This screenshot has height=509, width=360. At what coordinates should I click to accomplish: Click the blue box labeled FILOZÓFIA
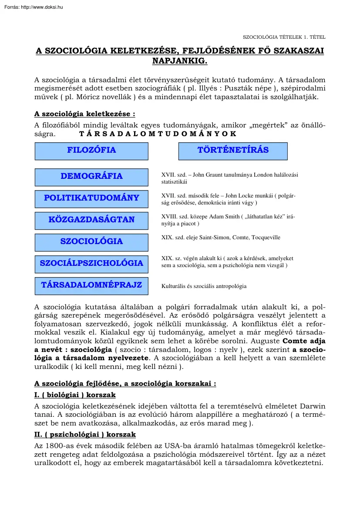91,151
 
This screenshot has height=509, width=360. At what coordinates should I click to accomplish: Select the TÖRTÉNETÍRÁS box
233,151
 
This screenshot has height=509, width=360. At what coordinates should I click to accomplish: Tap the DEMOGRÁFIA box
91,177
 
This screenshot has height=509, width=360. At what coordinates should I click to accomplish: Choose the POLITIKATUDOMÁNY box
91,198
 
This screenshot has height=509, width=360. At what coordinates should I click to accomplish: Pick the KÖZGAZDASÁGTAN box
91,220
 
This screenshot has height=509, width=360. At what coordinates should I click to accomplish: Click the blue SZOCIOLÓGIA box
91,242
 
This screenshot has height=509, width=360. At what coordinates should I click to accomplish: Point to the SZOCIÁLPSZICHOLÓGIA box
91,264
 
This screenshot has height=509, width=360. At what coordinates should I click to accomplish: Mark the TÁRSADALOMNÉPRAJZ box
91,286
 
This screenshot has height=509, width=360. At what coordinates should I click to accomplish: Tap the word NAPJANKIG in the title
180,61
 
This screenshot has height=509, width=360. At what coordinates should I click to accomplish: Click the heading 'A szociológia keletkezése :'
84,114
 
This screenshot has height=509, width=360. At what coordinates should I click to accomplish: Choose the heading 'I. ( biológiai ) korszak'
75,395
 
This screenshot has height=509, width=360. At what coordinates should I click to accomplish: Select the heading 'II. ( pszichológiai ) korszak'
85,435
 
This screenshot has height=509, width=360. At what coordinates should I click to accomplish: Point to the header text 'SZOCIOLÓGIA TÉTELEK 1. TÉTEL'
284,37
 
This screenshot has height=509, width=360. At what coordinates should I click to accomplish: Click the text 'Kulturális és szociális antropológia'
204,286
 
